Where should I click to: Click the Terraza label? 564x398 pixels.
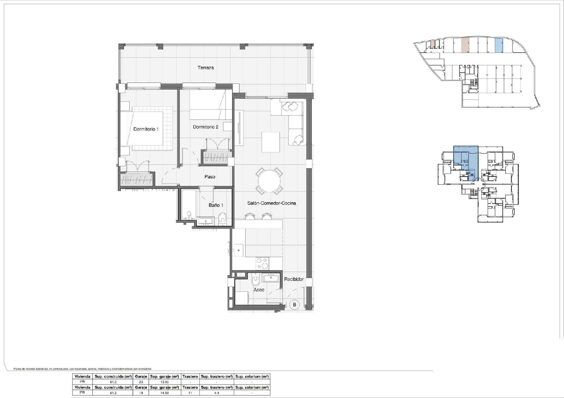tap(206, 68)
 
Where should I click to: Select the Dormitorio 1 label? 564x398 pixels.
tap(146, 129)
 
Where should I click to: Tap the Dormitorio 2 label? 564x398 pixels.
tap(206, 127)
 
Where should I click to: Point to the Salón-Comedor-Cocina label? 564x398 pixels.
tap(271, 203)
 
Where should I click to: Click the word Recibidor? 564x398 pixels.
tap(294, 279)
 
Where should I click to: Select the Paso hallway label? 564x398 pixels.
tap(210, 177)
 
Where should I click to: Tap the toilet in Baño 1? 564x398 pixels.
tap(223, 217)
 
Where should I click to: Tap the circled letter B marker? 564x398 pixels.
tap(294, 305)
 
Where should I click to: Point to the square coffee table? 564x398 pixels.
tap(271, 142)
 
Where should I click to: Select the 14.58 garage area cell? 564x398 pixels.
tap(164, 393)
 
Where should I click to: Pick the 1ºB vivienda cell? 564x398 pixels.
tap(82, 381)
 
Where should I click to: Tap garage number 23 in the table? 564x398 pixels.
tap(141, 381)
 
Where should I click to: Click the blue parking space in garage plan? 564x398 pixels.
tap(498, 46)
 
